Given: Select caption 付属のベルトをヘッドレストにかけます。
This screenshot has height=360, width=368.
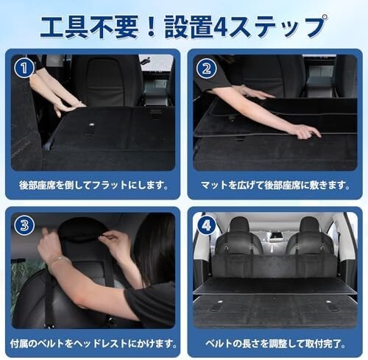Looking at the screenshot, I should pos(93,343).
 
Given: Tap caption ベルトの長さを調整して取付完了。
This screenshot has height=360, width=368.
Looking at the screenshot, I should pos(275,343).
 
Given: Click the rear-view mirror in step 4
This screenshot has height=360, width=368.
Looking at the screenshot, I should pos(274,234).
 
